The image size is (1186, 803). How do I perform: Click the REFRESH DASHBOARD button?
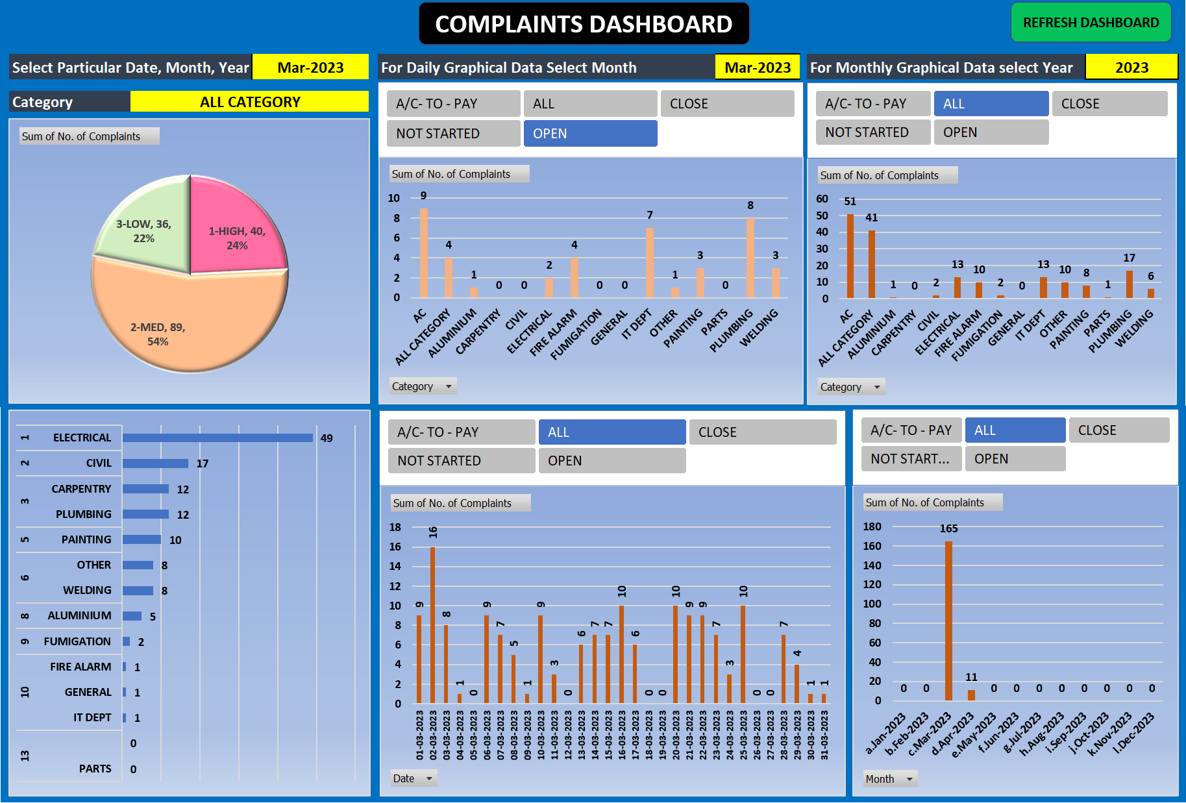click(1091, 23)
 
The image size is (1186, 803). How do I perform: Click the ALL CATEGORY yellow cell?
click(249, 102)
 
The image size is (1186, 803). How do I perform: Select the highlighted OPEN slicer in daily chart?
click(589, 134)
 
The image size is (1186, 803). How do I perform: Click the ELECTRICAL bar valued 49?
click(217, 438)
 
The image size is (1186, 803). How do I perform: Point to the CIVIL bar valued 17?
click(155, 463)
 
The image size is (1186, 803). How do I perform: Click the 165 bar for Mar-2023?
click(948, 620)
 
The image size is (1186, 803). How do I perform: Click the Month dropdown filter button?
click(909, 779)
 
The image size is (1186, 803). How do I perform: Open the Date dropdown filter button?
click(428, 778)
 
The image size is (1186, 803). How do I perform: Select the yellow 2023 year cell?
click(1131, 68)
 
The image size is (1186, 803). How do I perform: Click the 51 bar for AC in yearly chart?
click(850, 256)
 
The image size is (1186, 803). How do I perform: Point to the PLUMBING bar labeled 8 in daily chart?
click(750, 258)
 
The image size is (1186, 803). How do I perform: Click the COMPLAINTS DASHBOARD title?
click(584, 24)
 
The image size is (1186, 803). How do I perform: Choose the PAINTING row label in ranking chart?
click(86, 539)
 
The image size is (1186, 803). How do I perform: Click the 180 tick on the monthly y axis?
click(872, 526)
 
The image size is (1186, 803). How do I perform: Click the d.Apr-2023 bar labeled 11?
click(971, 695)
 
